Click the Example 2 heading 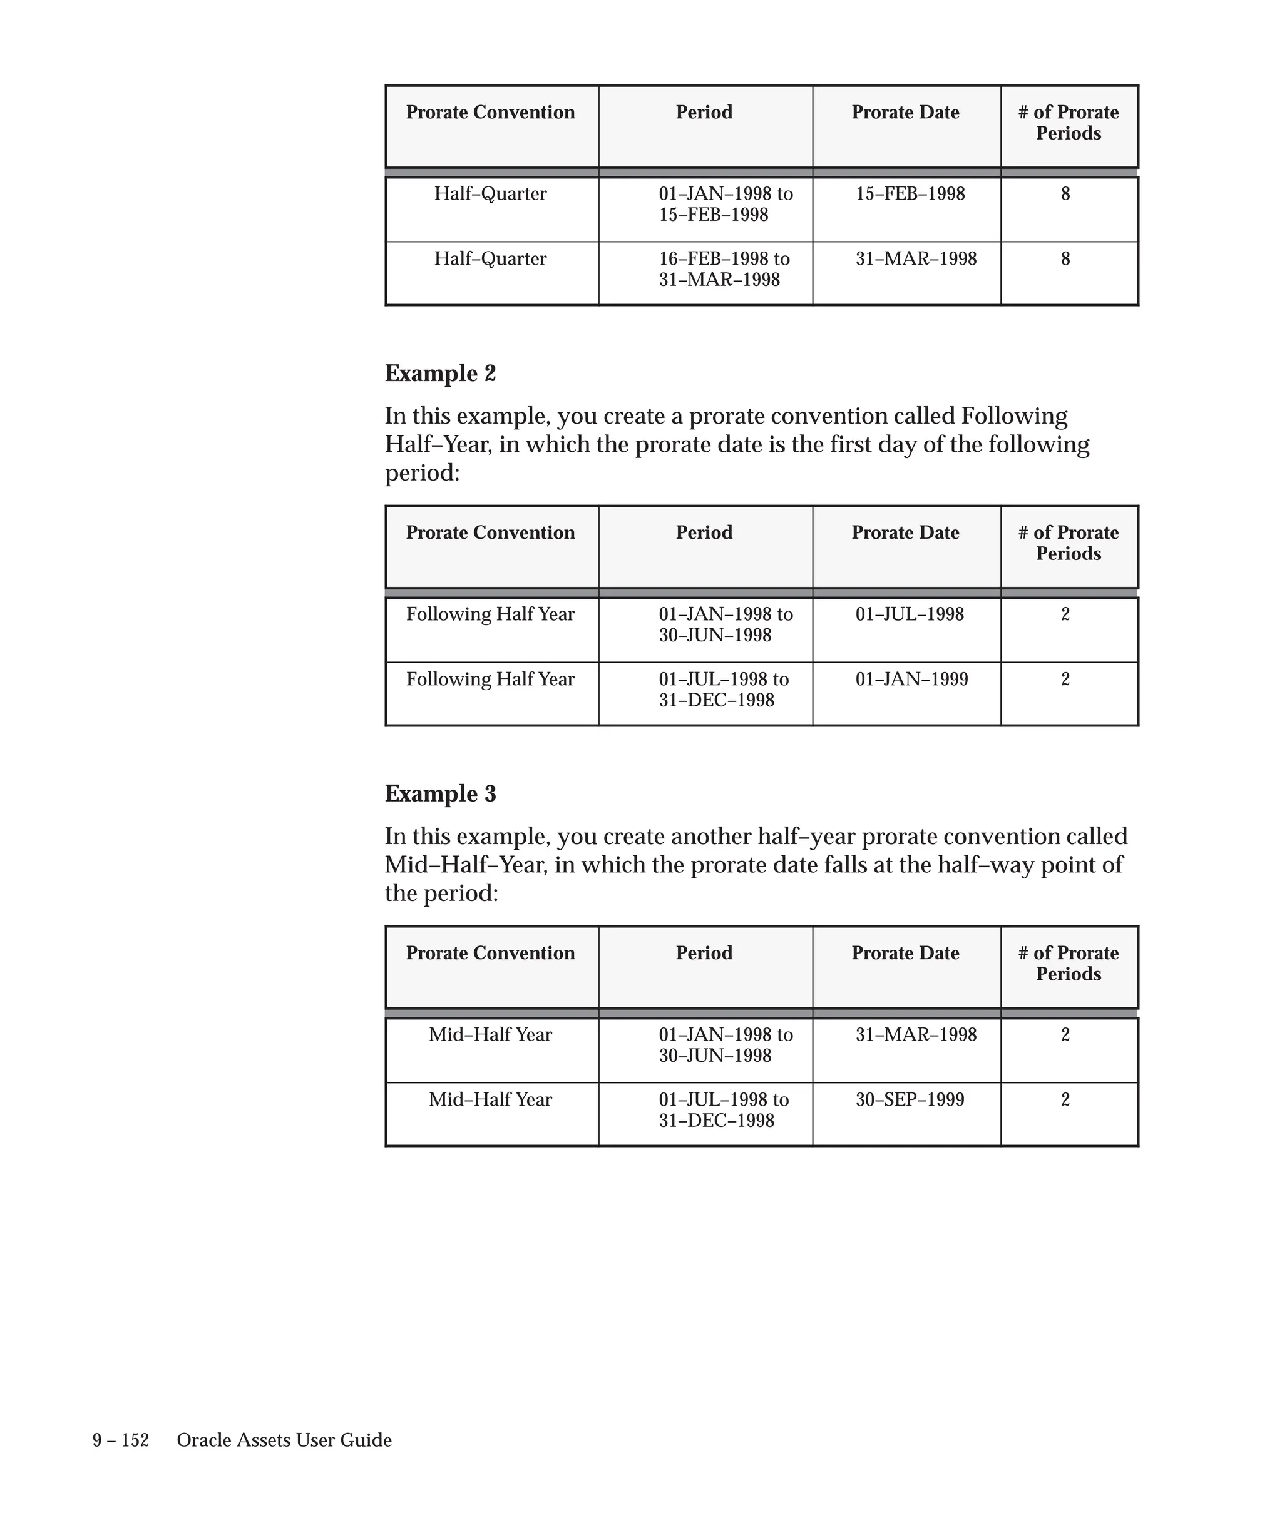click(439, 374)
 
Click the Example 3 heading click(439, 794)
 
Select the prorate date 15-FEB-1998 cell click(910, 194)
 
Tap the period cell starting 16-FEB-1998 click(723, 269)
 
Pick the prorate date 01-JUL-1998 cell click(909, 614)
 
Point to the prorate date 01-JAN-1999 click(911, 680)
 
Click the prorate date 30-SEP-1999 click(909, 1100)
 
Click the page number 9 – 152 click(121, 1440)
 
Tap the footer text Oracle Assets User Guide click(284, 1440)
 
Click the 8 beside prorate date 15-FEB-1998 click(1065, 194)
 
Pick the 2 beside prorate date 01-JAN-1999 click(1065, 680)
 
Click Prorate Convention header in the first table click(490, 113)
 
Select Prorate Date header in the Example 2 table click(905, 533)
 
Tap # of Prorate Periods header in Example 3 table click(1068, 963)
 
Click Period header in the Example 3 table click(703, 954)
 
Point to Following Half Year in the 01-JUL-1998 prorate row click(490, 614)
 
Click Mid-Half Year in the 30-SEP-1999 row click(490, 1100)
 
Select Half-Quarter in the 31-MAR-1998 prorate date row click(490, 259)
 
